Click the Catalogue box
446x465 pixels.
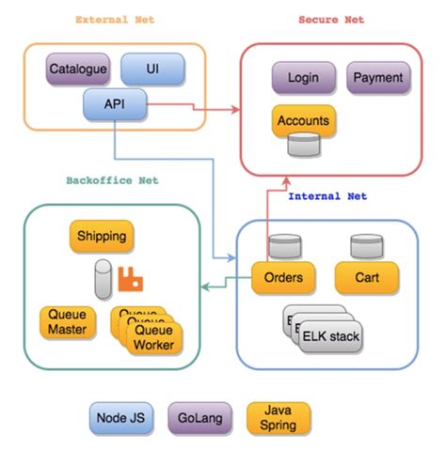pyautogui.click(x=78, y=69)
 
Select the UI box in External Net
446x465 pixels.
pyautogui.click(x=152, y=69)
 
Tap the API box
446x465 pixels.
pyautogui.click(x=115, y=102)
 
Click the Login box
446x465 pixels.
pyautogui.click(x=304, y=78)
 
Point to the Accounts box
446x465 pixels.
pyautogui.click(x=304, y=121)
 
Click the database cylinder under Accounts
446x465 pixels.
pyautogui.click(x=303, y=147)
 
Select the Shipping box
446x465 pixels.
pyautogui.click(x=101, y=237)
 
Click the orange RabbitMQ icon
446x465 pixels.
pyautogui.click(x=130, y=278)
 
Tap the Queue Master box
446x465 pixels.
pyautogui.click(x=67, y=322)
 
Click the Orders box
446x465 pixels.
pyautogui.click(x=281, y=277)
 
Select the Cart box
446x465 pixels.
pyautogui.click(x=366, y=277)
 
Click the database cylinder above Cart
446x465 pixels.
pyautogui.click(x=365, y=248)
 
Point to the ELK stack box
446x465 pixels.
pyautogui.click(x=330, y=335)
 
